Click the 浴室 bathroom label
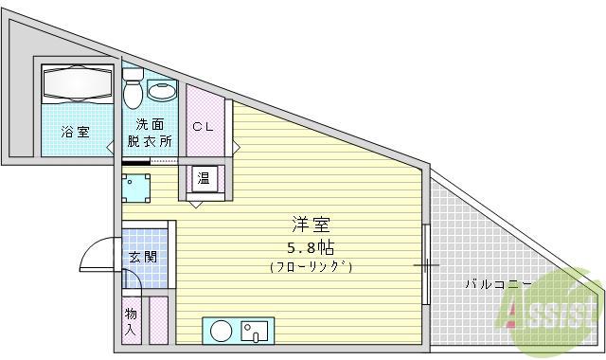[x=76, y=132]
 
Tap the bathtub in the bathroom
[x=78, y=86]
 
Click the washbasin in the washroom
[x=163, y=93]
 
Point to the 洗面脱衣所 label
[x=151, y=134]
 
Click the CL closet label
[x=203, y=126]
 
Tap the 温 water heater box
[x=204, y=179]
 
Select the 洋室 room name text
[x=310, y=225]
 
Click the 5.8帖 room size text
[x=310, y=247]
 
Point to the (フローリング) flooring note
[x=310, y=267]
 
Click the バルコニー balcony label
[x=496, y=283]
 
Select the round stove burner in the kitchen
[x=222, y=332]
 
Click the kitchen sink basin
[x=255, y=333]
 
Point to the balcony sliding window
[x=426, y=265]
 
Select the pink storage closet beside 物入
[x=158, y=320]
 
